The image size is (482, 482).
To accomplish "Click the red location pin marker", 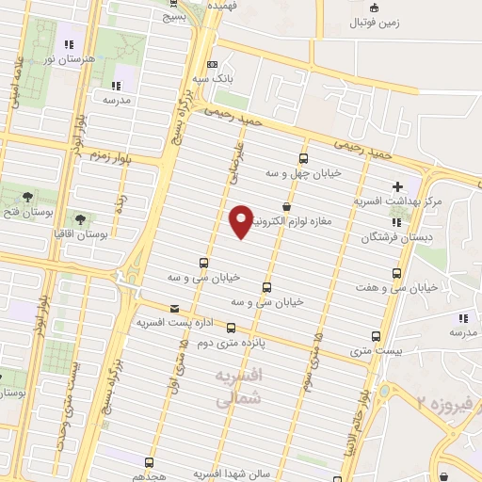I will point(241,221).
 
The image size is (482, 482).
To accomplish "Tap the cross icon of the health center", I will point(397,186).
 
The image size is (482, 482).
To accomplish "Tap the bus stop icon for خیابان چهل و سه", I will point(303,158).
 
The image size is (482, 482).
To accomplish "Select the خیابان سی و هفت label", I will point(395,287).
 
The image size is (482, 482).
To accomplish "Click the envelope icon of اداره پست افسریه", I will point(174,308).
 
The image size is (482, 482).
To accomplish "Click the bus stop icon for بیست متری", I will point(377,336).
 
